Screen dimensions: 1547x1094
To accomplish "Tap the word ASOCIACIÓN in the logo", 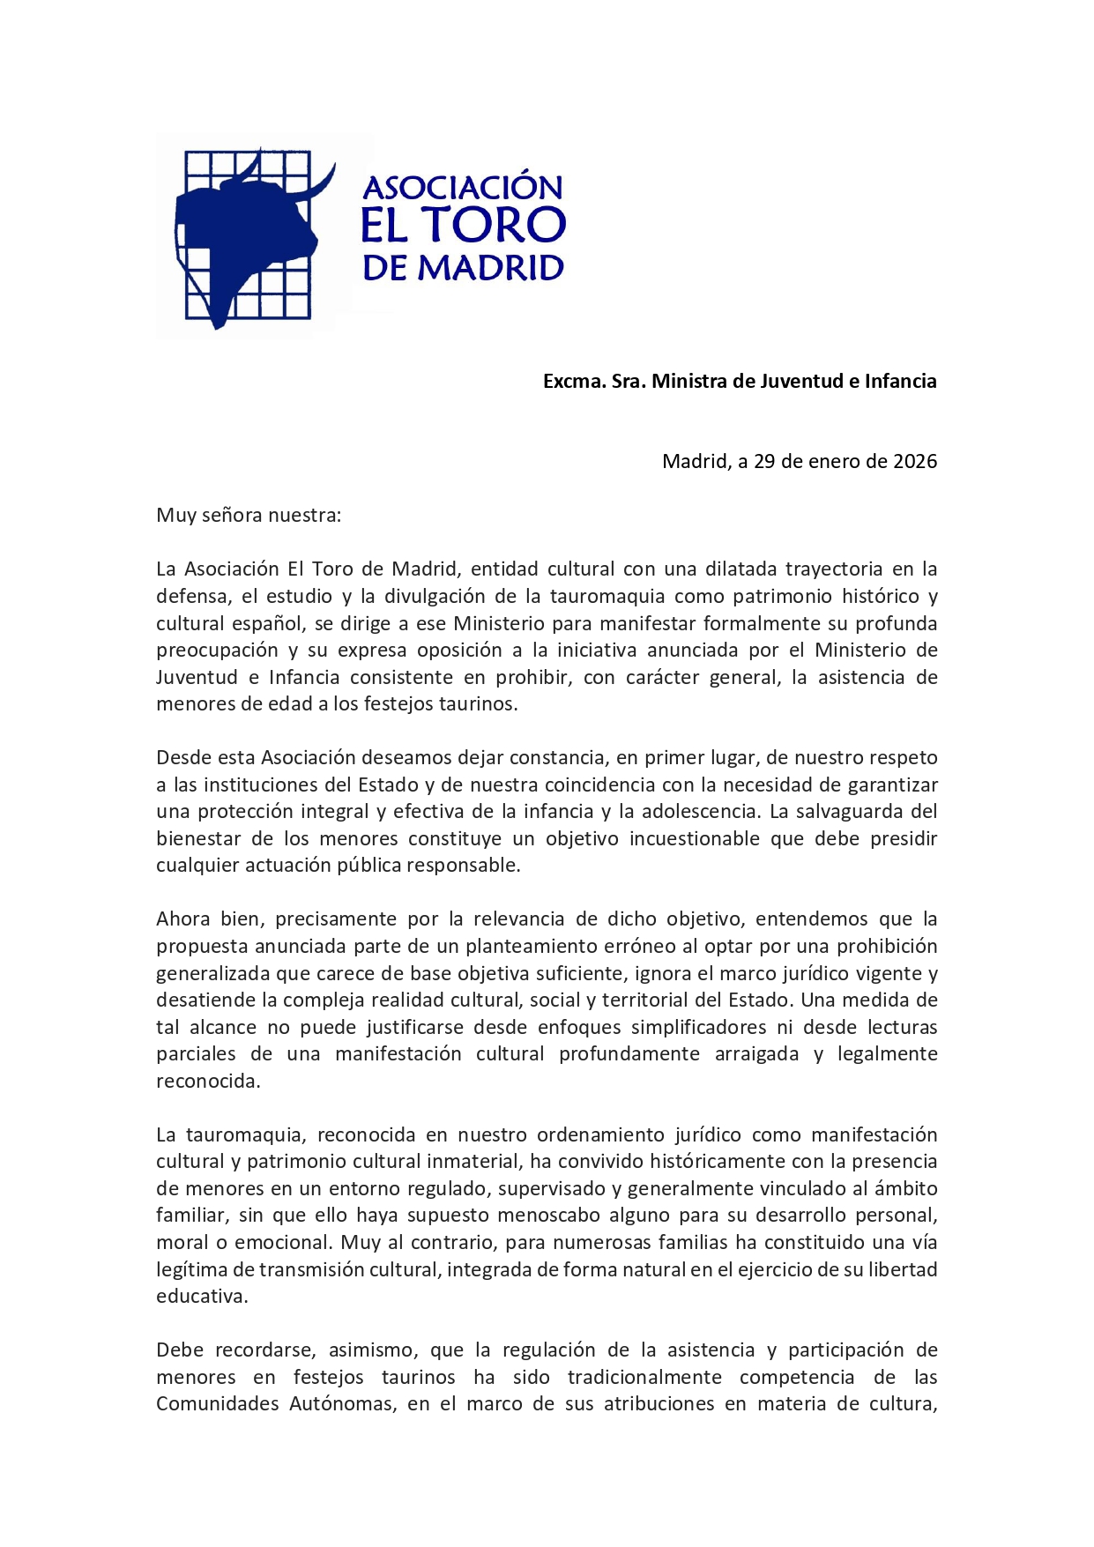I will pyautogui.click(x=463, y=187).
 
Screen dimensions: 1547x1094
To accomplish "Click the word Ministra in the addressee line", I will pyautogui.click(x=688, y=381).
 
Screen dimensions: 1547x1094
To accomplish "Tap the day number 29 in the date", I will pyautogui.click(x=764, y=461).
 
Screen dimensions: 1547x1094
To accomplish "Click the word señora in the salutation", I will pyautogui.click(x=233, y=515).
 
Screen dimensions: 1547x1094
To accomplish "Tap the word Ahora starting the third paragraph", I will pyautogui.click(x=182, y=919).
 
